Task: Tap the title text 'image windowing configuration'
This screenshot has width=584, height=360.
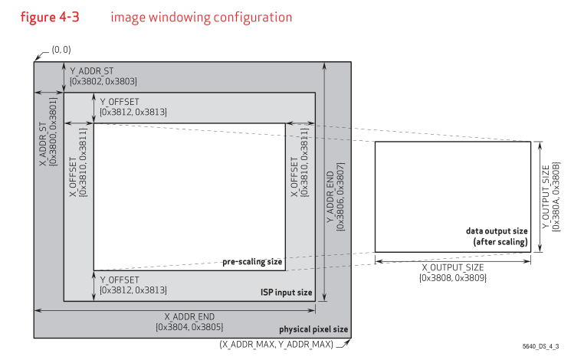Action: click(201, 17)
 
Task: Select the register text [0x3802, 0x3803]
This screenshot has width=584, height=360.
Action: click(103, 80)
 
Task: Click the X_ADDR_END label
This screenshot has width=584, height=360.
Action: click(189, 316)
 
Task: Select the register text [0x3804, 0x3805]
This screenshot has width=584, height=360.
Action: click(189, 327)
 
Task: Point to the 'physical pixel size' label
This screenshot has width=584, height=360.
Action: click(313, 329)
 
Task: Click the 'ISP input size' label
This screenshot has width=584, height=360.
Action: click(286, 293)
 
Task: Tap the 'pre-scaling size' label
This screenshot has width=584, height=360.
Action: click(253, 262)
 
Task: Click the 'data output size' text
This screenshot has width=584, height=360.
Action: click(497, 231)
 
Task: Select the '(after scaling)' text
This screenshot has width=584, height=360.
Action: click(500, 241)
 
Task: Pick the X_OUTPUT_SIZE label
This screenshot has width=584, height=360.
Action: click(452, 267)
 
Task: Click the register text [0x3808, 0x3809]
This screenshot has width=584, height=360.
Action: click(452, 278)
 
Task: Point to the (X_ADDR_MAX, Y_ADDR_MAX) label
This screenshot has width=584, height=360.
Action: click(277, 345)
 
